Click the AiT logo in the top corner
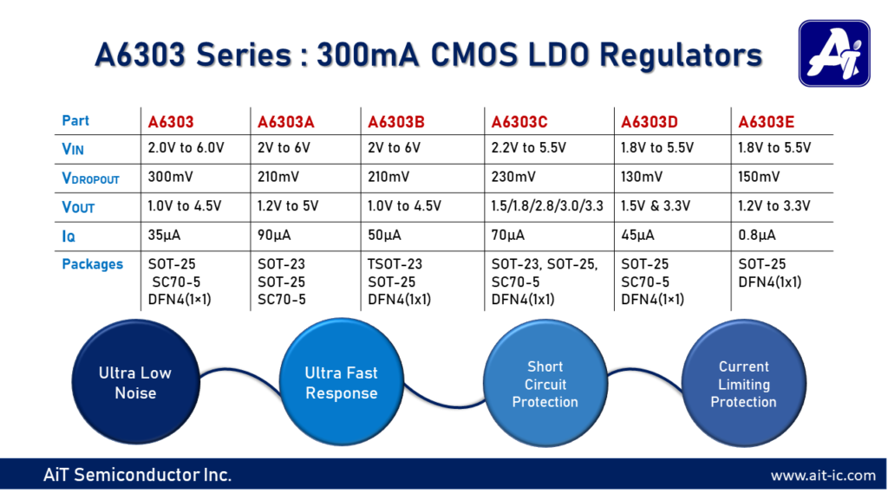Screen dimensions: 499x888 tap(833, 54)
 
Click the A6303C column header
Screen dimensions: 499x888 tap(519, 121)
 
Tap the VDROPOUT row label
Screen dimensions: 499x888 tap(90, 178)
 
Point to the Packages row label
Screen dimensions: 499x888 tap(93, 264)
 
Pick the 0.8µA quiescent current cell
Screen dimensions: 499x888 tap(758, 235)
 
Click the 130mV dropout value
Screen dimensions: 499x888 tap(643, 178)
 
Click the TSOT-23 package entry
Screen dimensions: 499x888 tap(395, 264)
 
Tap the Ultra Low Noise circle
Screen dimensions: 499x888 tap(134, 384)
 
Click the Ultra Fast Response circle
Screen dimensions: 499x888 tap(341, 383)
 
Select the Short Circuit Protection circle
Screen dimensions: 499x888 tap(545, 384)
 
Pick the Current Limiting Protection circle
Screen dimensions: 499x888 tap(743, 384)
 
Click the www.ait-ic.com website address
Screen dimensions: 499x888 tap(823, 476)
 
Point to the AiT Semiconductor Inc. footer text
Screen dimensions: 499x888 tap(137, 476)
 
